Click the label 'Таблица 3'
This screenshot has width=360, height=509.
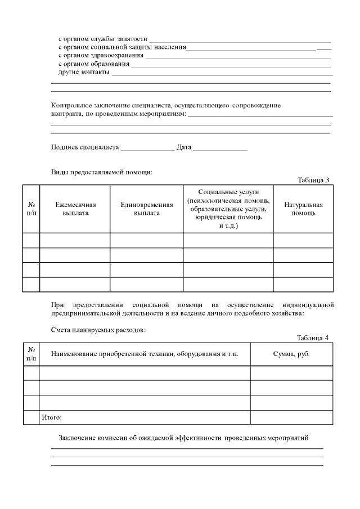313,180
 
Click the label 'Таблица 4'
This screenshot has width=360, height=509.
312,337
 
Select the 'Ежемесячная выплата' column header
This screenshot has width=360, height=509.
75,209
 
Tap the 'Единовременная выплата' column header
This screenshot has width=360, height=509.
146,209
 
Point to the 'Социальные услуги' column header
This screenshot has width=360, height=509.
228,209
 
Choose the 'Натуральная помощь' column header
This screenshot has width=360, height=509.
303,209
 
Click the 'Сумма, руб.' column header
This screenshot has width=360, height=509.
291,354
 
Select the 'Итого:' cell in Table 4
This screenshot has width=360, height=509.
51,417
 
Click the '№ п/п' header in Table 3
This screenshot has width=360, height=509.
31,209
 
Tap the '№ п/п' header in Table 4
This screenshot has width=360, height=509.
31,354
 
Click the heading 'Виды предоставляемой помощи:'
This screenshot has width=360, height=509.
102,172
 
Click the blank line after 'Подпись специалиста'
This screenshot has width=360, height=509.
148,148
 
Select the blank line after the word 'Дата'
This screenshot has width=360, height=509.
220,148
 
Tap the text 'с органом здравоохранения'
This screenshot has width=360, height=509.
101,55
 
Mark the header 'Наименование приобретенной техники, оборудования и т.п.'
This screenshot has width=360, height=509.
145,354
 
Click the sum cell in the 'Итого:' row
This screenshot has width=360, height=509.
291,417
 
